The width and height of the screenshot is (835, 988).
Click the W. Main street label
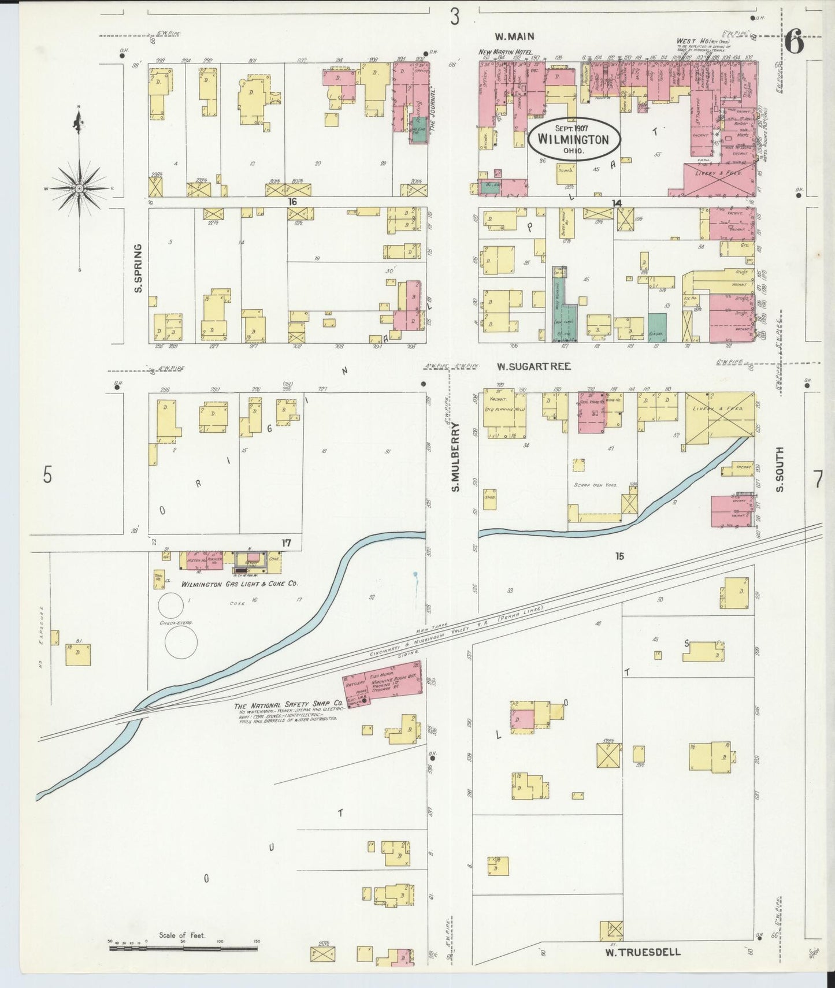click(514, 36)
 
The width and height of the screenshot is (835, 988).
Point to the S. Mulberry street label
click(455, 457)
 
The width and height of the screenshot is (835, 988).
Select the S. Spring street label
click(138, 268)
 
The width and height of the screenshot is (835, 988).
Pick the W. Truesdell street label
click(643, 952)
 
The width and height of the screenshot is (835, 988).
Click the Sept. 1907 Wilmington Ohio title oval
click(573, 139)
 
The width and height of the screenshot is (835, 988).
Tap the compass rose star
click(79, 188)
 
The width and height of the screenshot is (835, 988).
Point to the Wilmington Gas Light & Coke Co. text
click(239, 584)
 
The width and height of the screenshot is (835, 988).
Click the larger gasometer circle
click(181, 641)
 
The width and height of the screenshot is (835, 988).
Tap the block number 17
click(285, 543)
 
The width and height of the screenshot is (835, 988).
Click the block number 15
click(619, 556)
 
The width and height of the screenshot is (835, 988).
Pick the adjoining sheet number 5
click(47, 475)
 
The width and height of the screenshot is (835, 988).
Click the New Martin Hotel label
click(506, 52)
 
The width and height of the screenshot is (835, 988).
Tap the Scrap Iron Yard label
click(596, 485)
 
